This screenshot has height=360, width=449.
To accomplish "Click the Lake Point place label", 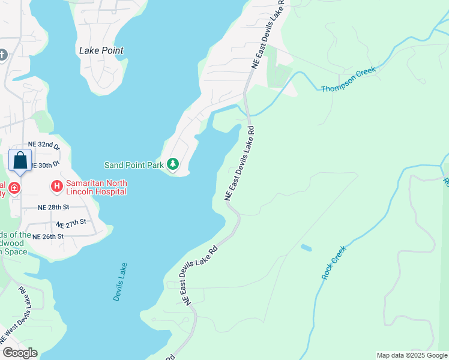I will tap(101, 50).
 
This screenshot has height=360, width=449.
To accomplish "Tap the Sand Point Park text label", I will tap(134, 164).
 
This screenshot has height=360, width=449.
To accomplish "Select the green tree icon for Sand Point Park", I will tap(173, 164).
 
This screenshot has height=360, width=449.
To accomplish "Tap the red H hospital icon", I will tap(57, 187).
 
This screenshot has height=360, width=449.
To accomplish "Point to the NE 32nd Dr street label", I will tap(44, 145).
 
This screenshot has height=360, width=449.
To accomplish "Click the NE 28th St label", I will tap(54, 207).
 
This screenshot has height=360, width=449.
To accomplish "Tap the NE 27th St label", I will tap(71, 224).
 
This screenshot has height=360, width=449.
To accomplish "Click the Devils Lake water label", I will tap(120, 281).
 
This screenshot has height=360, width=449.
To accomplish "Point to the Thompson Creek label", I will tap(349, 79).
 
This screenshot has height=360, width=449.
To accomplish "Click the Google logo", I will tap(20, 353).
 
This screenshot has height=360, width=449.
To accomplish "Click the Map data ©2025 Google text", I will tap(412, 355).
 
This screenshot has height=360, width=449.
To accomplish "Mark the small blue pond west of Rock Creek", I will tap(306, 247).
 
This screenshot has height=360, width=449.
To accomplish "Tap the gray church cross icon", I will tap(2, 56).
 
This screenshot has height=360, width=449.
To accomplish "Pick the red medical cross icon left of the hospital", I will tap(13, 188).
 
